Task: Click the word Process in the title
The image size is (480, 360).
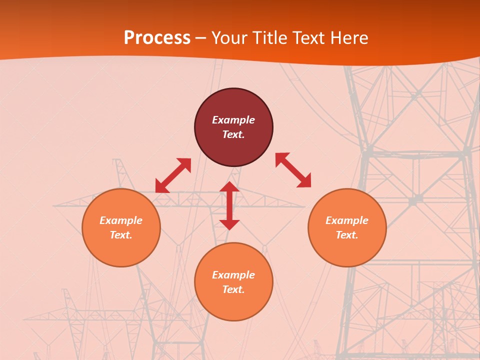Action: pyautogui.click(x=157, y=38)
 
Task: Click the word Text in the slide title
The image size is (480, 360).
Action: pyautogui.click(x=307, y=38)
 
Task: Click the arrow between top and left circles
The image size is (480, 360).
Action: pyautogui.click(x=173, y=175)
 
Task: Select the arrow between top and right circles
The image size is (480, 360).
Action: pyautogui.click(x=293, y=170)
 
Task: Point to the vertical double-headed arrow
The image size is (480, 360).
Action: pyautogui.click(x=229, y=205)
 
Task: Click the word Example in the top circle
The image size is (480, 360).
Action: pyautogui.click(x=233, y=120)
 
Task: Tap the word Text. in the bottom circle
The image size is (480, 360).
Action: pyautogui.click(x=233, y=289)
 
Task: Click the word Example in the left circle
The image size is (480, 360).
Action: pyautogui.click(x=121, y=220)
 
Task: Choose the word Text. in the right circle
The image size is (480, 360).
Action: pyautogui.click(x=347, y=235)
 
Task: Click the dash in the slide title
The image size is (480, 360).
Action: pyautogui.click(x=201, y=38)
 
